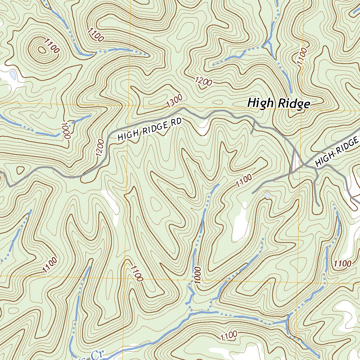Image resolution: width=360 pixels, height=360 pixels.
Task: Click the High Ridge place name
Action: coord(278,103)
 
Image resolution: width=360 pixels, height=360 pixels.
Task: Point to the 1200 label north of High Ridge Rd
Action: coord(204,82)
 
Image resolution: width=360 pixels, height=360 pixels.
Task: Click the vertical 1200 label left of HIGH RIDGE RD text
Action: coord(100,147)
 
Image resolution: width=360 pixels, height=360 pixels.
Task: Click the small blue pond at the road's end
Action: coord(268,195)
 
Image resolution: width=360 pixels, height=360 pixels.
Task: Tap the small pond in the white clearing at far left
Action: coord(13,75)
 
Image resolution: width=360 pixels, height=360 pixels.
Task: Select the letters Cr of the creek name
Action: coord(98,354)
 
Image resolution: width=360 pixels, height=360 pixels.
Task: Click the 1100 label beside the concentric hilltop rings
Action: coord(52,46)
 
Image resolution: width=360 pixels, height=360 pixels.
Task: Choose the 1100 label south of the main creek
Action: coord(229,336)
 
